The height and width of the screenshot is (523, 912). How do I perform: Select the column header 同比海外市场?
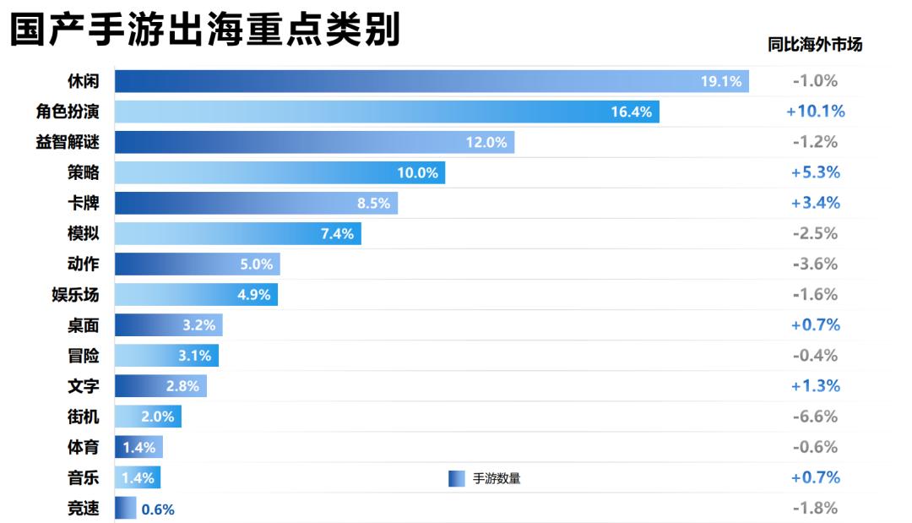coord(815,45)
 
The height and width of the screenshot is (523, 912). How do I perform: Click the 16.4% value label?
coord(632,112)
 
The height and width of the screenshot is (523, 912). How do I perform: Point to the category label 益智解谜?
coord(68,142)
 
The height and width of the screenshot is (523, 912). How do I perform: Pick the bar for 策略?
coord(280,172)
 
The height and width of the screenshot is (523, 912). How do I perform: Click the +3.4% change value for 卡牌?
coord(815,203)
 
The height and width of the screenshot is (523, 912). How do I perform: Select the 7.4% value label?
coord(337,234)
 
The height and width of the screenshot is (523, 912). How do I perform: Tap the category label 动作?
coord(83,264)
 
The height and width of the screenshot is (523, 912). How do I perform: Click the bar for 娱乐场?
coord(196,295)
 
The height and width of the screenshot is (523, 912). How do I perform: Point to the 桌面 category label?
coord(83,325)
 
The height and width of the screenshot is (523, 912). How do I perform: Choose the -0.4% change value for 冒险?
coord(815,356)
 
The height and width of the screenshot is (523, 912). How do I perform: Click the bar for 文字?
coord(160,386)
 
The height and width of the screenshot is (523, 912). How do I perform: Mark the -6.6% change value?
coord(815,417)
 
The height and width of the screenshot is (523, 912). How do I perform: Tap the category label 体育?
coord(83,447)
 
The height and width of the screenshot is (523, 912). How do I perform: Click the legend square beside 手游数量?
coord(456,479)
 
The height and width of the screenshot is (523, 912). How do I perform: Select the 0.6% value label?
coord(158,509)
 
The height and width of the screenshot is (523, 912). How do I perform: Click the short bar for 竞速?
coord(125,509)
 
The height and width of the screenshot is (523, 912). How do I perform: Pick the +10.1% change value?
coord(815,112)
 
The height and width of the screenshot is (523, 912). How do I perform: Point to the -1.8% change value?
coord(815,509)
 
